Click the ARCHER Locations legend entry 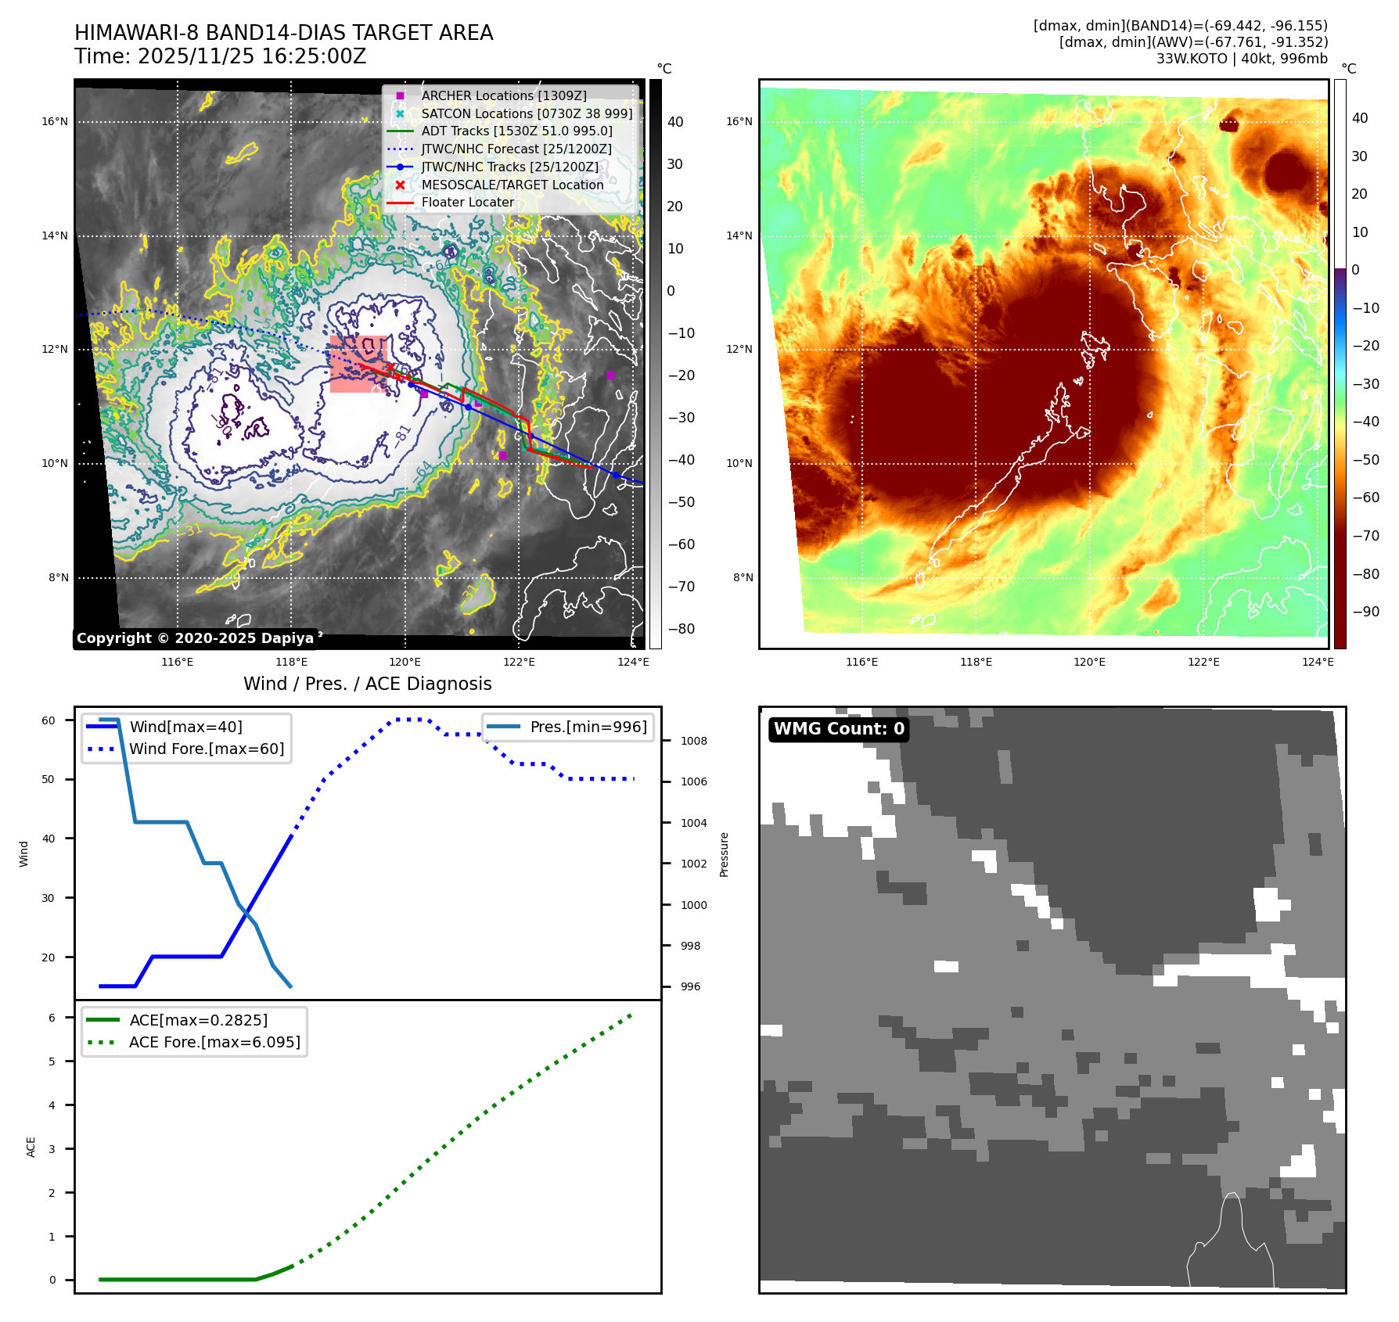pyautogui.click(x=503, y=95)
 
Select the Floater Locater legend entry pyautogui.click(x=467, y=202)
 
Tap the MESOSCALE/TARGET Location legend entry pyautogui.click(x=512, y=185)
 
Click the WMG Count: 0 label pyautogui.click(x=839, y=729)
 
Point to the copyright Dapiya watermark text pyautogui.click(x=195, y=638)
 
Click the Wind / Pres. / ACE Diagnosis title pyautogui.click(x=368, y=684)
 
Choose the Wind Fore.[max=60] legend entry pyautogui.click(x=207, y=749)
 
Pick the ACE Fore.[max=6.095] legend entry pyautogui.click(x=214, y=1042)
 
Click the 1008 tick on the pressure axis pyautogui.click(x=693, y=741)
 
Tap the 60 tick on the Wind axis pyautogui.click(x=49, y=720)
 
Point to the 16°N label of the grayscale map pyautogui.click(x=55, y=121)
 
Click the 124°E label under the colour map pyautogui.click(x=1318, y=662)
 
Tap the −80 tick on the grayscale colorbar pyautogui.click(x=681, y=629)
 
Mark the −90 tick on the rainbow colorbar pyautogui.click(x=1365, y=612)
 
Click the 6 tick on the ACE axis pyautogui.click(x=52, y=1018)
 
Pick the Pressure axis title pyautogui.click(x=724, y=854)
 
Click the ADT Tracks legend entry pyautogui.click(x=516, y=131)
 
